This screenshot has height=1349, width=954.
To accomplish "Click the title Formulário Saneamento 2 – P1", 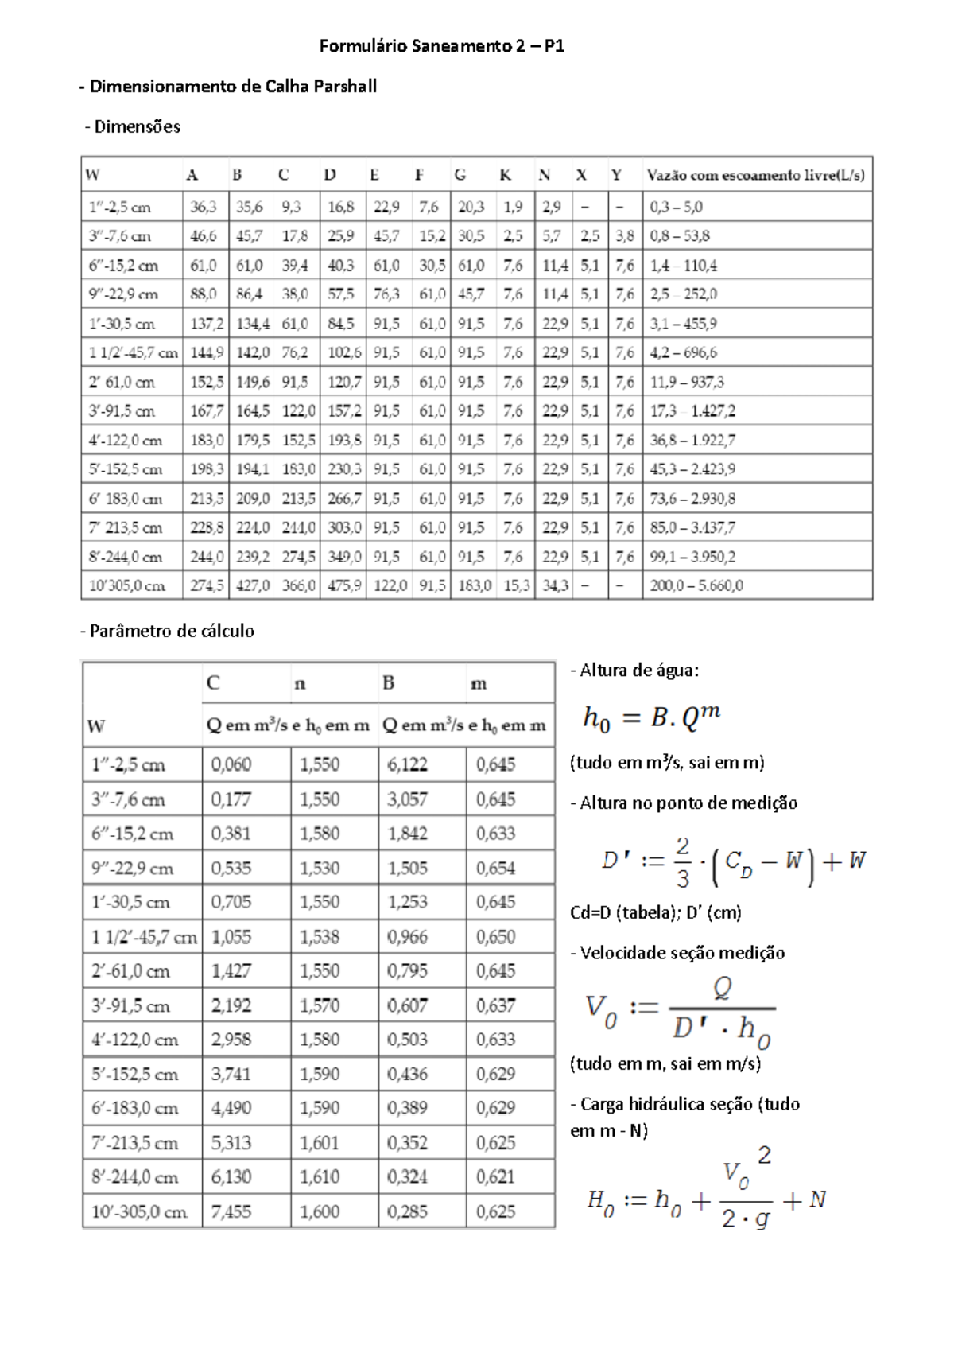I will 442,46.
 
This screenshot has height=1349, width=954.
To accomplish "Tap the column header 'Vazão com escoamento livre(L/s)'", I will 755,175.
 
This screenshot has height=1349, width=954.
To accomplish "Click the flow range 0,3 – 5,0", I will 676,208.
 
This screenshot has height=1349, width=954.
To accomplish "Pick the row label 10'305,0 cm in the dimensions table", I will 127,586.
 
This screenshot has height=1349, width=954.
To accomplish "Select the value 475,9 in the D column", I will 344,586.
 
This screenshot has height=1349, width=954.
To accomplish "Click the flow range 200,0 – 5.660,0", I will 696,586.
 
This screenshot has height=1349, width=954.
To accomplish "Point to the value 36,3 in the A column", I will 204,208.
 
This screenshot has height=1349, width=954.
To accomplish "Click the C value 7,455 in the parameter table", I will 231,1212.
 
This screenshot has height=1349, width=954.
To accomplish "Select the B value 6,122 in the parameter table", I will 407,765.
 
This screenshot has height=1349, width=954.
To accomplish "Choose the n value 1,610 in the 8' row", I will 320,1177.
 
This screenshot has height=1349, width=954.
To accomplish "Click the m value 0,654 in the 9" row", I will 495,869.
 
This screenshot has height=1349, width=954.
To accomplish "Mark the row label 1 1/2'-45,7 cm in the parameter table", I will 144,937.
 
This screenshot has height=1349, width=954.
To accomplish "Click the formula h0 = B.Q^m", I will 651,717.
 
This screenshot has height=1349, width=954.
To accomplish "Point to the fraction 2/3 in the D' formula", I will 682,862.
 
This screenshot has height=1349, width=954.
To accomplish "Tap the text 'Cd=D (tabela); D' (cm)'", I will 655,913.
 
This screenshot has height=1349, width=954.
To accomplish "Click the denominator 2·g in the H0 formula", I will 745,1218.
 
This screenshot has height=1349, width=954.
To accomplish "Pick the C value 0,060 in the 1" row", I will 231,765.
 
